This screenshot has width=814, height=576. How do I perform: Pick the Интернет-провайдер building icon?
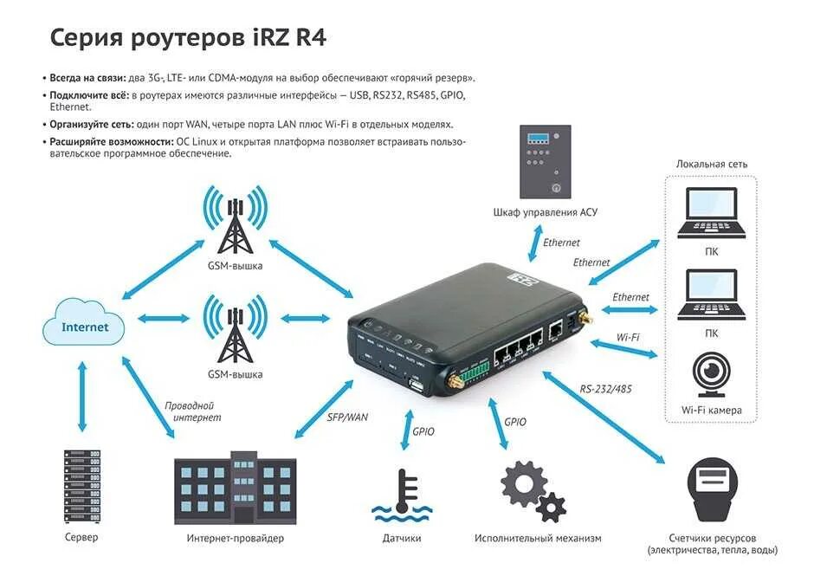coord(233,489)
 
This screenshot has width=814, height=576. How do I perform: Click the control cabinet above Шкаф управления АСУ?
coord(544,161)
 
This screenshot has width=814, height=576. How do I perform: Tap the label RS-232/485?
coord(605,389)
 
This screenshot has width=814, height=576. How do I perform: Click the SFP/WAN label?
coord(347,417)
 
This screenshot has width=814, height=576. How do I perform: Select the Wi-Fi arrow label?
coord(628,336)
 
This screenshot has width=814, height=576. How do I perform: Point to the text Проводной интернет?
coord(192,411)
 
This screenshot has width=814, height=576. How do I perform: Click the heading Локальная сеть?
coord(712,164)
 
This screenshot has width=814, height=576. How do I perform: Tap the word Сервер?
coord(81,537)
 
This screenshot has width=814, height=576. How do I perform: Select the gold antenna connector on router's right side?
coord(583,322)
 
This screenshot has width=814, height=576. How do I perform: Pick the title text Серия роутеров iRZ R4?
coord(188,37)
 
